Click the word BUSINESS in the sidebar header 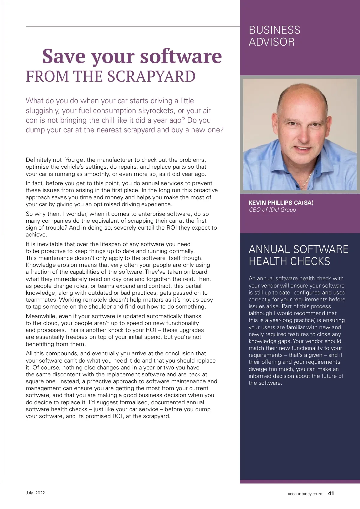(x=274, y=30)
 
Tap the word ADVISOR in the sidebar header (x=272, y=42)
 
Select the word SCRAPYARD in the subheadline (x=151, y=77)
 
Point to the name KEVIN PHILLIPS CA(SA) (x=281, y=203)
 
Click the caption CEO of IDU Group (x=272, y=210)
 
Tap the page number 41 (x=331, y=493)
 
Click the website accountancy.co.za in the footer (x=305, y=494)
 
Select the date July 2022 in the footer (x=35, y=493)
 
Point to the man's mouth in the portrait (x=304, y=148)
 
